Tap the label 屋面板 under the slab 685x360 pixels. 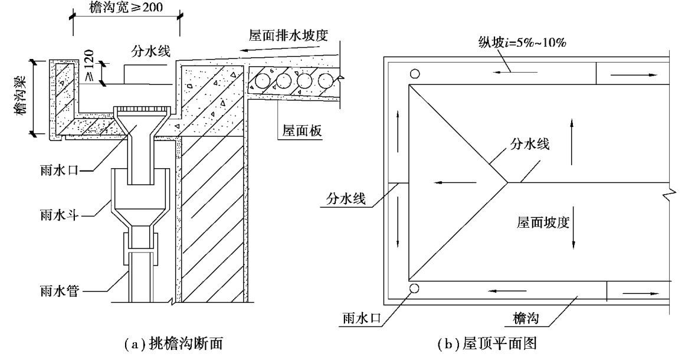coord(300,131)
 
